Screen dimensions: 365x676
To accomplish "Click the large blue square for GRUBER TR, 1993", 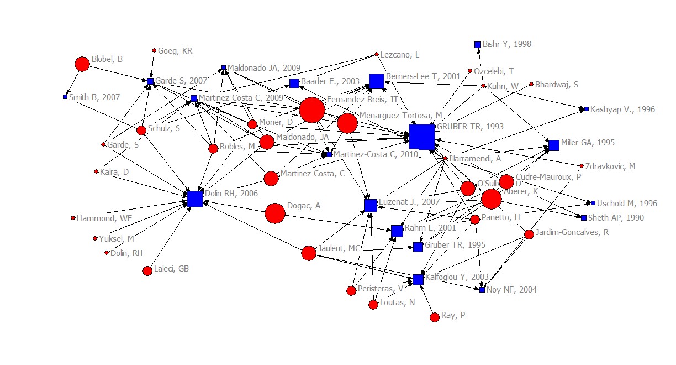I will point(422,137).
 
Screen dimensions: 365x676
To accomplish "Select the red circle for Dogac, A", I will point(275,213).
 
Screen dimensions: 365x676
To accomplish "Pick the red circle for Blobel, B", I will point(82,64).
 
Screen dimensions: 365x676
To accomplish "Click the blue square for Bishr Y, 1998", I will point(478,45).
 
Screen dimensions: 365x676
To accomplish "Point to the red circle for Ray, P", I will point(435,317).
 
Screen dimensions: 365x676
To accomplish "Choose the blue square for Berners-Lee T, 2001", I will point(377,81).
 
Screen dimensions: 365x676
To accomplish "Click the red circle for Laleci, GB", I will point(147,270).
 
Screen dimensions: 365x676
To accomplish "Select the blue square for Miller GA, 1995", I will point(554,145).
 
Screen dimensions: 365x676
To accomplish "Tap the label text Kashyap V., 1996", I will point(622,109).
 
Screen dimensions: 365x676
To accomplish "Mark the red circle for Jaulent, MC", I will point(309,253).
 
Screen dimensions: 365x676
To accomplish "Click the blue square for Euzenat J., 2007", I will point(371,206).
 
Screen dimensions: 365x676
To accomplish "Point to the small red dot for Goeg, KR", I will point(154,50).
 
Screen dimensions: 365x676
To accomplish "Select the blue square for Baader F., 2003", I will point(294,84).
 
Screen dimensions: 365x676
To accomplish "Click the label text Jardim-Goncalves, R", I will point(572,233).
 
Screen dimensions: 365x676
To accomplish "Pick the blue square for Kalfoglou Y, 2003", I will point(418,280).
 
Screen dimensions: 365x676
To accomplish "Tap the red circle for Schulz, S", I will point(141,131).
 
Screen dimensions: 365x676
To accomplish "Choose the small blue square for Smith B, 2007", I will point(65,97).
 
